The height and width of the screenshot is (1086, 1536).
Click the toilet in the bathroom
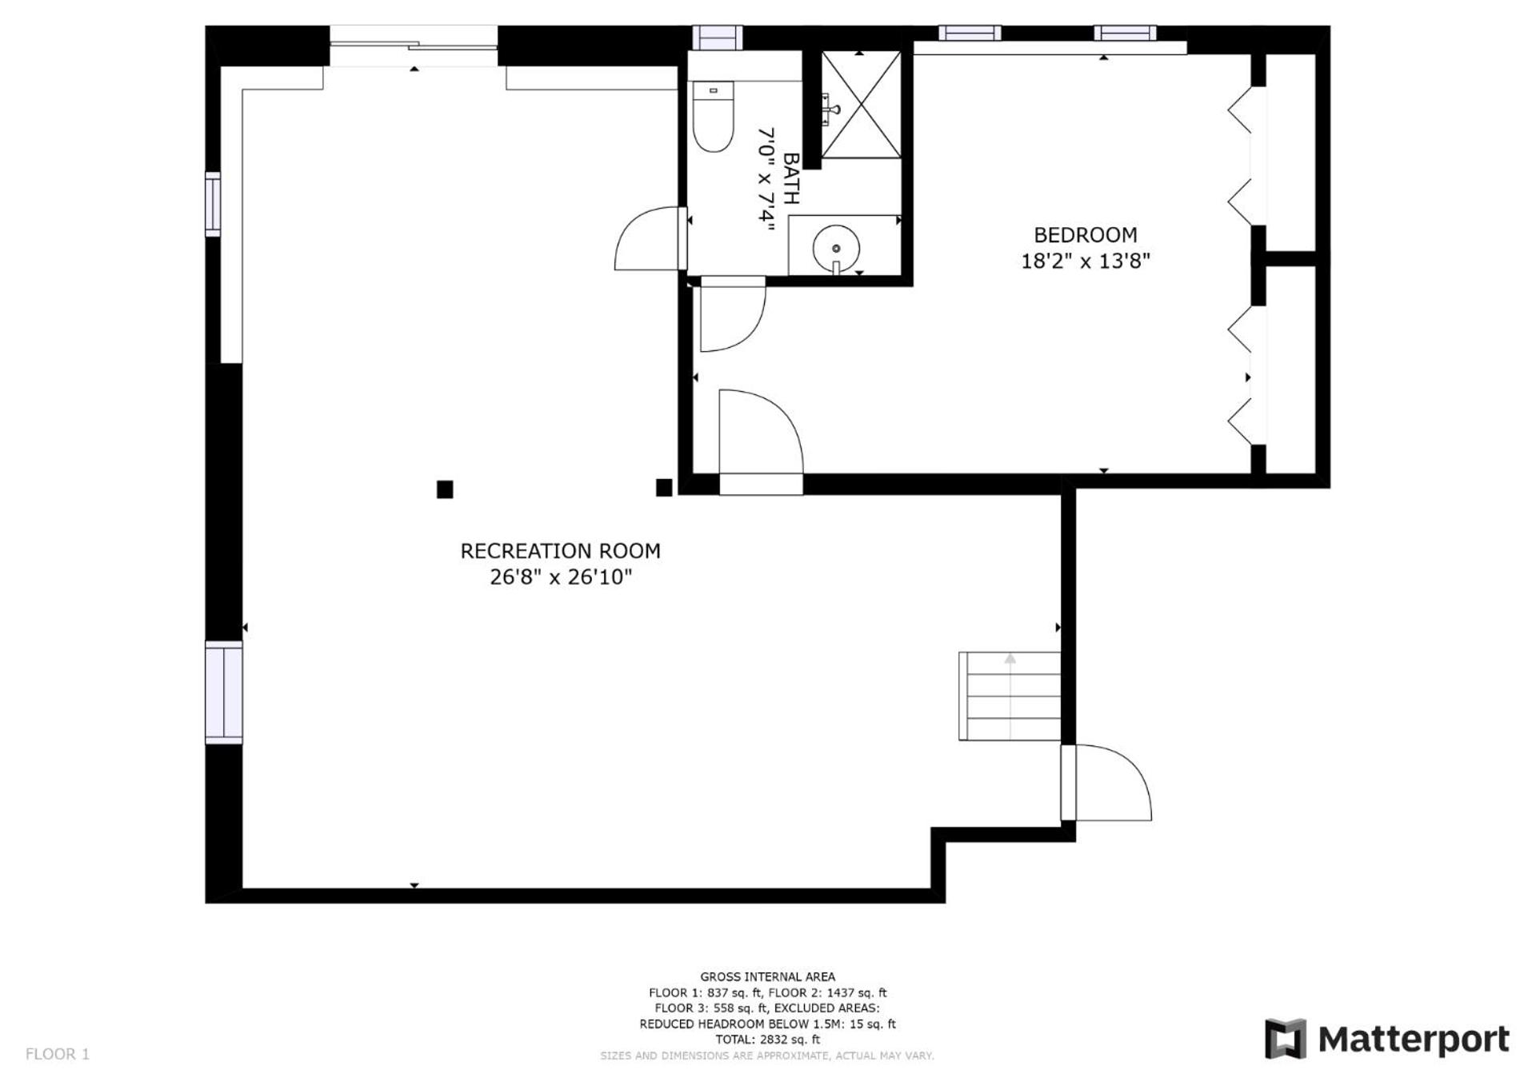tap(713, 116)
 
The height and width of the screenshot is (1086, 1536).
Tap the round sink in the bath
tap(836, 248)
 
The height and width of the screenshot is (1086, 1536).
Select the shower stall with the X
tap(861, 105)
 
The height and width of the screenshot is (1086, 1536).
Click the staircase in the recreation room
tap(1010, 696)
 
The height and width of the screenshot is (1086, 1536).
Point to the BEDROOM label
tap(1085, 235)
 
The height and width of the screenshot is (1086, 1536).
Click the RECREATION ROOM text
tap(560, 551)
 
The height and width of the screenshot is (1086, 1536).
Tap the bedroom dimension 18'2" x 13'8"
tap(1085, 261)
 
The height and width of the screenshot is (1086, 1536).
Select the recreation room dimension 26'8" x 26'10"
tap(560, 577)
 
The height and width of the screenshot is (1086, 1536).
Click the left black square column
tap(445, 489)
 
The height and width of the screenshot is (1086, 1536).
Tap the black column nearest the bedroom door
tap(664, 488)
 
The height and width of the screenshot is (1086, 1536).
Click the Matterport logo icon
tap(1285, 1039)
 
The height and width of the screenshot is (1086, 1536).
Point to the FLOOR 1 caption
tap(58, 1054)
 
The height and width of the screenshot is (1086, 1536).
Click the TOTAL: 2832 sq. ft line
tap(768, 1040)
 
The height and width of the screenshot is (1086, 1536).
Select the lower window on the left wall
tap(224, 693)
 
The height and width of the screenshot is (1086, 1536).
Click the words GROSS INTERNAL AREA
tap(768, 976)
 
